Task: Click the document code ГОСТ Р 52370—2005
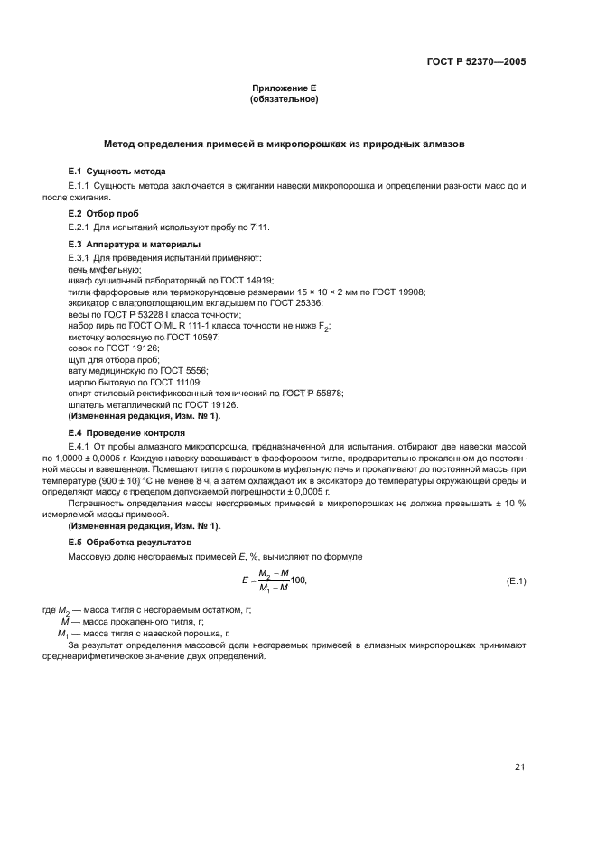(x=476, y=63)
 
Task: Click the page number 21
(x=519, y=767)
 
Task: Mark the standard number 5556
(x=195, y=370)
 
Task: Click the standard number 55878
(x=326, y=394)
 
